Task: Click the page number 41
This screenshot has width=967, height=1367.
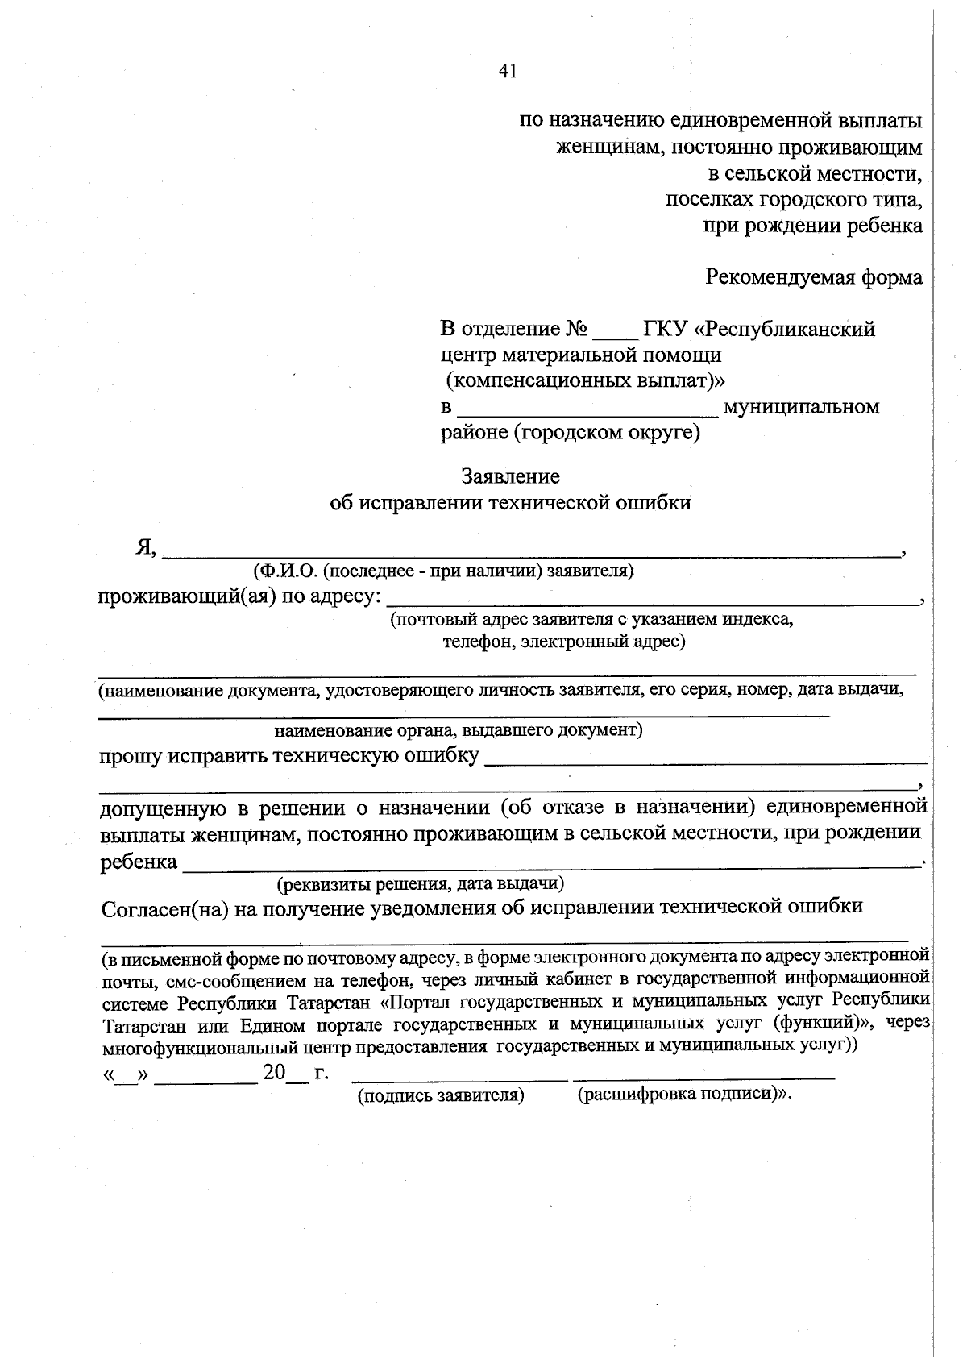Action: pos(507,72)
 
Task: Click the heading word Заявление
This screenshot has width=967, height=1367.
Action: pos(510,476)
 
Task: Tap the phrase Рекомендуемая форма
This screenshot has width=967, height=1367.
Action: pos(814,277)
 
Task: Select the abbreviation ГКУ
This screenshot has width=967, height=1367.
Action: pos(665,329)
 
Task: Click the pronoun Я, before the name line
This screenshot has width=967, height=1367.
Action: pos(145,547)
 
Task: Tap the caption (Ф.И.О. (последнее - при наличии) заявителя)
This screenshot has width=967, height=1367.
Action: pos(443,571)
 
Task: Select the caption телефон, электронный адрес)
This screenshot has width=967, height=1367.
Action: pos(563,642)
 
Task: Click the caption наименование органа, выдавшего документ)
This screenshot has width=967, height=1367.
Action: pos(458,730)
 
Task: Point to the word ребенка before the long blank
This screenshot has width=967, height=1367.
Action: pos(139,862)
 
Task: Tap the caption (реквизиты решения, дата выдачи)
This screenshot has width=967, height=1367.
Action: pos(420,884)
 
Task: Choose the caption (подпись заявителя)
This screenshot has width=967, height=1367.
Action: pos(442,1096)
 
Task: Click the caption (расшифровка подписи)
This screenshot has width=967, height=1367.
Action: pos(681,1095)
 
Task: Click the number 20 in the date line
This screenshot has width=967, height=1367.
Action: pos(274,1073)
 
